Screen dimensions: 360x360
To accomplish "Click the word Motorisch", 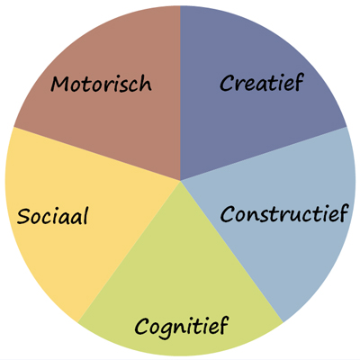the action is click(x=101, y=83).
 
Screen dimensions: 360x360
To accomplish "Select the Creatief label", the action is click(x=262, y=82).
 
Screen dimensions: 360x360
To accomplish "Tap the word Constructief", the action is click(x=283, y=213).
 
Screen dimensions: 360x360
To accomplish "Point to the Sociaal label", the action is click(x=52, y=215).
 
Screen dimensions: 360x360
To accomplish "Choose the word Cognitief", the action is click(x=181, y=326).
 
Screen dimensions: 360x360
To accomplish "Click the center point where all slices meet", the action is click(x=180, y=181).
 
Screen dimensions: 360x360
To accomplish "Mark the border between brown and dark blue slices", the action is click(x=180, y=93).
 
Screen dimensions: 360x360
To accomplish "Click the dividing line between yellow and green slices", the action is click(x=129, y=251).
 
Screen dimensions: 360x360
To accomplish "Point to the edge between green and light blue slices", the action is click(x=231, y=251).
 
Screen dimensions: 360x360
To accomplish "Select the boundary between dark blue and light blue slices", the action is click(x=264, y=154).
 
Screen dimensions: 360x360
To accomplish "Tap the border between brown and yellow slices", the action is click(x=96, y=154).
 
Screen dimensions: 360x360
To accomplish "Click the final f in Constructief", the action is click(x=341, y=213).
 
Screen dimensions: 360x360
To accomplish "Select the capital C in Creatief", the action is click(x=227, y=83).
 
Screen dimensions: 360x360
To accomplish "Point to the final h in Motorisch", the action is click(x=146, y=83).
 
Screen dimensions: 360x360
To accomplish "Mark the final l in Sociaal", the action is click(x=85, y=215).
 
